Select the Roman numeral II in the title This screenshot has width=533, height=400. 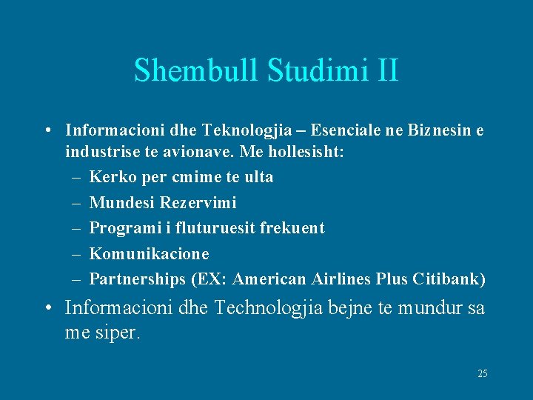coord(386,71)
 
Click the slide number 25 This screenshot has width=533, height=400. coord(482,374)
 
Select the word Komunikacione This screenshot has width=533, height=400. coord(149,253)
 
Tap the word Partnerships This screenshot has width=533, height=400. coord(137,279)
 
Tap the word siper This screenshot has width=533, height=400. coord(115,333)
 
